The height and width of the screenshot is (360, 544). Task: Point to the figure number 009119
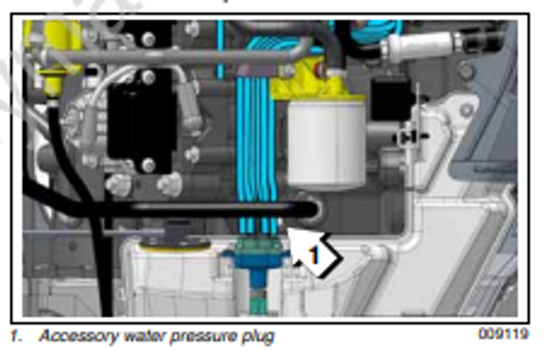pyautogui.click(x=501, y=334)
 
